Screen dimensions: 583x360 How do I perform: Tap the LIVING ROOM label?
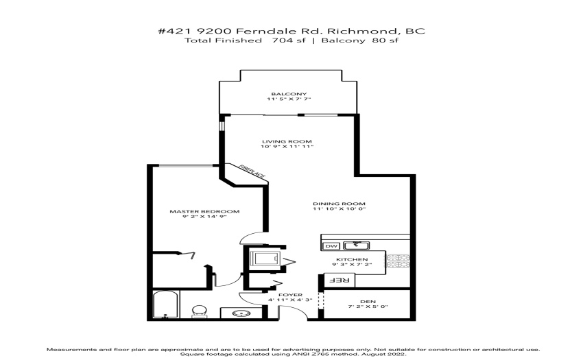click(x=287, y=141)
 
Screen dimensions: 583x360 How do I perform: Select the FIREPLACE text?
click(x=252, y=171)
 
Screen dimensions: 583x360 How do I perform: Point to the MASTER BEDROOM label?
click(x=204, y=211)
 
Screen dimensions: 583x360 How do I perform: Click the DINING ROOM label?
click(x=339, y=204)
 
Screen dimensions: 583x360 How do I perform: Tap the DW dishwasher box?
click(x=331, y=245)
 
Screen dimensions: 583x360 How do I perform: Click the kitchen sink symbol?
click(x=356, y=245)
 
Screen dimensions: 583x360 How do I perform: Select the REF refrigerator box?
click(x=340, y=280)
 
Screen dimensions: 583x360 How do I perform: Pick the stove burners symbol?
click(x=397, y=261)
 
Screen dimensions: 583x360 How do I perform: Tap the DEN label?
click(x=368, y=301)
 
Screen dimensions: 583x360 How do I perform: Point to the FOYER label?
click(x=290, y=295)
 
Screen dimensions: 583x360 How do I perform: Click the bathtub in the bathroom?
click(x=166, y=304)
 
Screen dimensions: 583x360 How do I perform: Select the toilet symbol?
click(x=200, y=311)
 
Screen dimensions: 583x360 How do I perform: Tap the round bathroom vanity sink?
click(x=241, y=313)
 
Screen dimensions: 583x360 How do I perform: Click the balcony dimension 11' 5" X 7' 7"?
click(x=289, y=99)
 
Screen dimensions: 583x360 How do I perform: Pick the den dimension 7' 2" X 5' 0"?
click(x=368, y=307)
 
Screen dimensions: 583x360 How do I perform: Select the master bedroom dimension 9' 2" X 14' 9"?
click(x=204, y=217)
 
